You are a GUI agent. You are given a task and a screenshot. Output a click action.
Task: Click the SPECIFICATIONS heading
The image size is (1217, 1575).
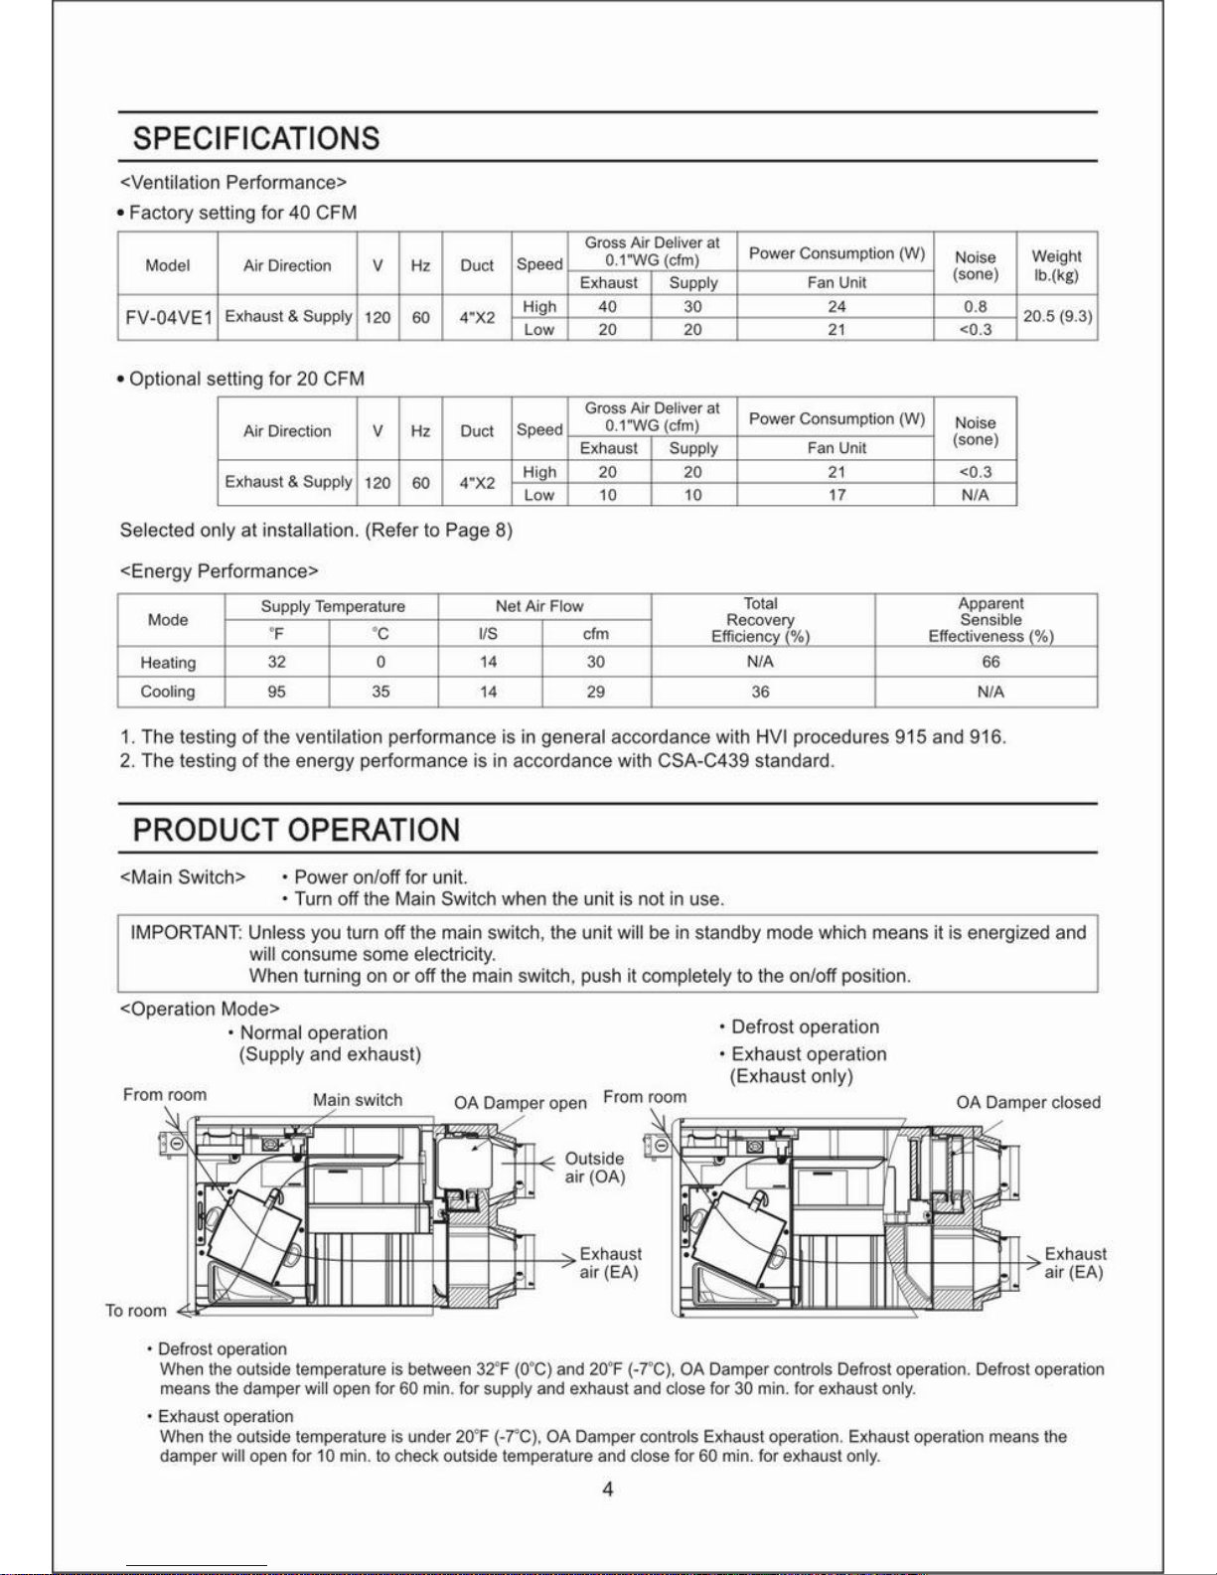click(256, 138)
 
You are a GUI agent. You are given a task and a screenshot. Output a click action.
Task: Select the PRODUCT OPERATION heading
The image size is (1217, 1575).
click(296, 830)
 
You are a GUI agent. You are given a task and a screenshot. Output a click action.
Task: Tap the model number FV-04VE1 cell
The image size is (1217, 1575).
click(169, 318)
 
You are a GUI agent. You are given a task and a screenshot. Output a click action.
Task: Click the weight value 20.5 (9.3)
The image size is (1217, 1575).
click(1057, 317)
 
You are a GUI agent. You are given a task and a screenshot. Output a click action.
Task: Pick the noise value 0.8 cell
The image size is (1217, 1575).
click(975, 307)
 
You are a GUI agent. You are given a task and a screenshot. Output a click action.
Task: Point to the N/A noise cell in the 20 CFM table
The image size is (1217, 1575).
click(975, 495)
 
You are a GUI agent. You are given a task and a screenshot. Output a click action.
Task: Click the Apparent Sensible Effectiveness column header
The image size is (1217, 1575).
click(990, 620)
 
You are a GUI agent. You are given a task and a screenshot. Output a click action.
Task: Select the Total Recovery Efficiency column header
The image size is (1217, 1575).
click(760, 620)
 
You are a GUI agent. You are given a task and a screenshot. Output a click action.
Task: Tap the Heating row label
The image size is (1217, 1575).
click(168, 663)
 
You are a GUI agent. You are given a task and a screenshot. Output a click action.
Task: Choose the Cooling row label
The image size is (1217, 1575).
click(168, 692)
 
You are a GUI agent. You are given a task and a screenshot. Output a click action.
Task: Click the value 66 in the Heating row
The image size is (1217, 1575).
click(990, 662)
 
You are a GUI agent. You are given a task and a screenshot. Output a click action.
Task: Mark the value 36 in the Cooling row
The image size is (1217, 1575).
click(760, 692)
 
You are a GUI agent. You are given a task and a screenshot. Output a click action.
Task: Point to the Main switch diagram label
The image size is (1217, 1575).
click(358, 1100)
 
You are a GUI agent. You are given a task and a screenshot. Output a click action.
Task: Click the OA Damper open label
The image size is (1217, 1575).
click(521, 1103)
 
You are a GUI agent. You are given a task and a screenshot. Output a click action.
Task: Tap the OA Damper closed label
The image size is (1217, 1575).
click(1028, 1103)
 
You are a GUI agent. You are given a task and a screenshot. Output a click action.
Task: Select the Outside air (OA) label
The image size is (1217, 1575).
click(594, 1168)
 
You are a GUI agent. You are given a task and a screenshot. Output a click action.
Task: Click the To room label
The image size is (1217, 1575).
click(136, 1311)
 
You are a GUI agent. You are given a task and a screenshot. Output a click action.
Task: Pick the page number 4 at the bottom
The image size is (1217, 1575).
click(608, 1489)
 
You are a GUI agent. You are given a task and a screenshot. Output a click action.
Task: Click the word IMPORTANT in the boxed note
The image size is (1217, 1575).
click(186, 933)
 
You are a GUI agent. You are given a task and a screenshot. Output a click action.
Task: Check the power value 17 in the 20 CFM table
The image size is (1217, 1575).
click(837, 495)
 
